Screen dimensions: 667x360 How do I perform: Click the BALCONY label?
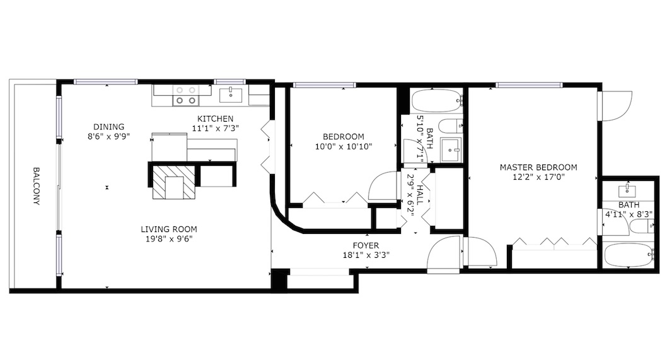pos(37,186)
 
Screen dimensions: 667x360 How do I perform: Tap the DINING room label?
pos(109,127)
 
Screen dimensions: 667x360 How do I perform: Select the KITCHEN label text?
pos(215,119)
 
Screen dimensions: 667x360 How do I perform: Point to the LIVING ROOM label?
pos(169,229)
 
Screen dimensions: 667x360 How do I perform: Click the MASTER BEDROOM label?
pos(538,168)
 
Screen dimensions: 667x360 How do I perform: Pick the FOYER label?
pos(366,245)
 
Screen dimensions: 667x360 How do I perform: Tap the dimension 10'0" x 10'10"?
pos(344,147)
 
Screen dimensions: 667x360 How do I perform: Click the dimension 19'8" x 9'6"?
pos(170,239)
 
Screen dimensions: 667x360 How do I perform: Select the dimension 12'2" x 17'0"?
pos(538,177)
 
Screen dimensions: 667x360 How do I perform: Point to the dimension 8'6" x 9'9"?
pos(109,137)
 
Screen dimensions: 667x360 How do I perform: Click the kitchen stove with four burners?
pos(186,95)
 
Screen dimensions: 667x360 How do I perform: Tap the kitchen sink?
pos(231,95)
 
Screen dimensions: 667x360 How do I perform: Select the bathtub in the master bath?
pos(629,255)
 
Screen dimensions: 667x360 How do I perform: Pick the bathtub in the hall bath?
pos(437,101)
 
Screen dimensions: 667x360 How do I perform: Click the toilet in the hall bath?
pos(451,126)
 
